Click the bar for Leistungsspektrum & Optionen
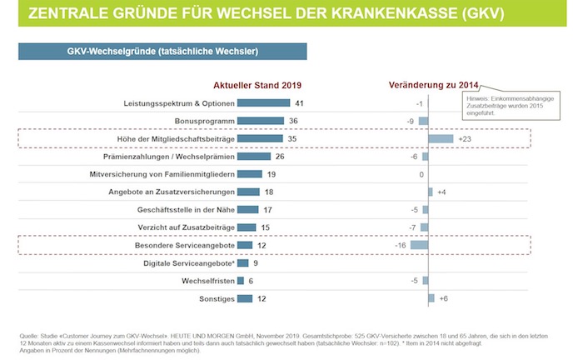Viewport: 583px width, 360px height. [x=262, y=103]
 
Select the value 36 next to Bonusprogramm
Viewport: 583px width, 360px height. [x=294, y=121]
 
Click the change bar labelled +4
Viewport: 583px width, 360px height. [x=430, y=192]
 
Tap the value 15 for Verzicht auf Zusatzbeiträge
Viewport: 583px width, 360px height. [x=266, y=227]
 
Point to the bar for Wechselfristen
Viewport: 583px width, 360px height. [x=240, y=281]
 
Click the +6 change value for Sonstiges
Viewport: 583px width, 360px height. [x=444, y=298]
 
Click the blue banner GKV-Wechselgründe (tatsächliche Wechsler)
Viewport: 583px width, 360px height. [x=162, y=52]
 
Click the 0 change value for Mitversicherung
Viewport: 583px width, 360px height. [x=421, y=174]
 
